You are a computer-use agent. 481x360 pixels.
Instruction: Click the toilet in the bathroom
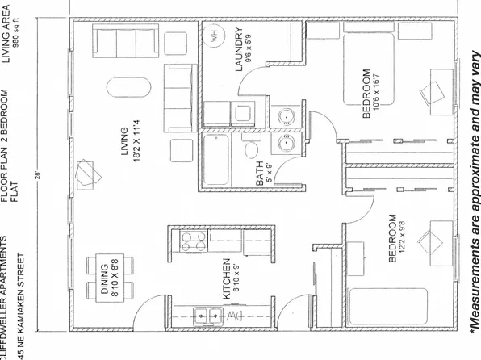[x=251, y=151]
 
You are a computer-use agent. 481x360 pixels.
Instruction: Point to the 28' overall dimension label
[x=37, y=174]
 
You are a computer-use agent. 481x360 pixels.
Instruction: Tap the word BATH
[x=260, y=172]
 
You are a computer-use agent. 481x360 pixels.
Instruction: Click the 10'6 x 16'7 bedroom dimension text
[x=380, y=94]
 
